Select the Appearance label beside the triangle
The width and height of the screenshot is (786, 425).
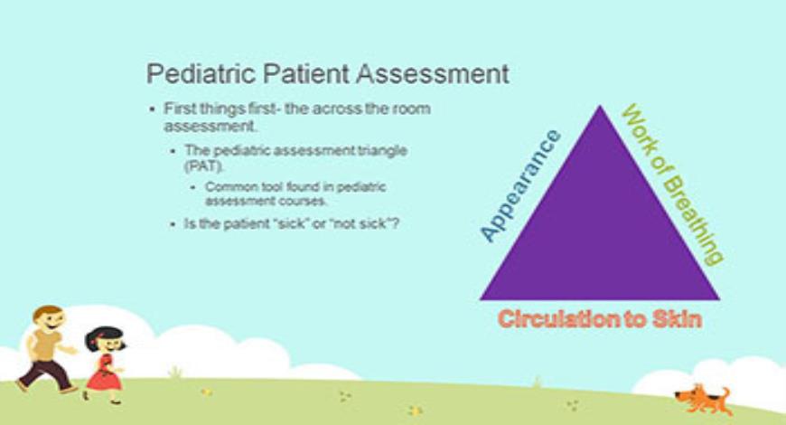[x=519, y=186]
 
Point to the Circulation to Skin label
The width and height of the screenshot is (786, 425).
[x=600, y=319]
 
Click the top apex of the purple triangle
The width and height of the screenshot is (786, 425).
[x=600, y=108]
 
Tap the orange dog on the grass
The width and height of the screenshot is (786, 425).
[x=703, y=397]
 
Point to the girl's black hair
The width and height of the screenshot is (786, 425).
[x=104, y=335]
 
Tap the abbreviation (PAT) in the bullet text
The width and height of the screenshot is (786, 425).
[x=201, y=167]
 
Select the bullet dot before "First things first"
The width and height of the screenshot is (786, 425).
[x=153, y=109]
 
